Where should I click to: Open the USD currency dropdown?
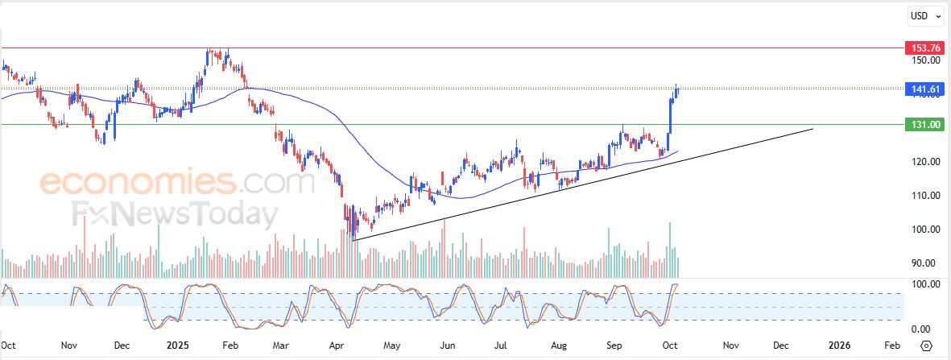(x=925, y=15)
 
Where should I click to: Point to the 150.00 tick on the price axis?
(x=926, y=60)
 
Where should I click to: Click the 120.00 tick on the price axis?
(x=926, y=162)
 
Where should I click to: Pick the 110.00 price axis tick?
(x=926, y=196)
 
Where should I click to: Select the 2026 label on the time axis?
(x=838, y=345)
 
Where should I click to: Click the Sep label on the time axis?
(x=615, y=345)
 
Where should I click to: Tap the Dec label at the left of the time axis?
(x=122, y=345)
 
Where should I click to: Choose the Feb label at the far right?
(x=891, y=345)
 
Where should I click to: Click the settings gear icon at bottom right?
(x=926, y=346)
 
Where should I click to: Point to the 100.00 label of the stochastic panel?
(x=926, y=284)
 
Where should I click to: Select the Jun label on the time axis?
(x=449, y=345)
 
